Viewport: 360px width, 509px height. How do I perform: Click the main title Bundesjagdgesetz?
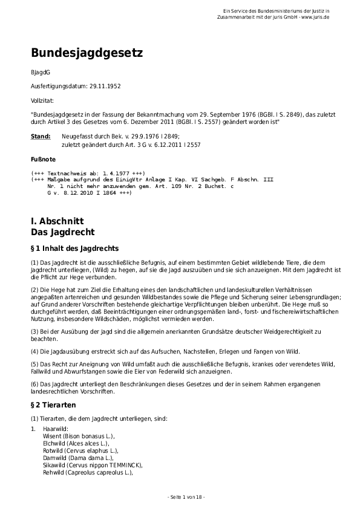[87, 53]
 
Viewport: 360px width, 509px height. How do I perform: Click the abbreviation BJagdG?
[41, 73]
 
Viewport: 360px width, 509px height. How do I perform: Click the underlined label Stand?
[41, 137]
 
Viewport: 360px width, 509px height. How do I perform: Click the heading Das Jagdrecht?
[62, 232]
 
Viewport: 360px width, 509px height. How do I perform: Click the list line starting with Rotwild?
[80, 450]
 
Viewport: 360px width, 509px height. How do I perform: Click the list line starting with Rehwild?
[88, 472]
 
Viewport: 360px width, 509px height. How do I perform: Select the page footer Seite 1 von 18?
[185, 497]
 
